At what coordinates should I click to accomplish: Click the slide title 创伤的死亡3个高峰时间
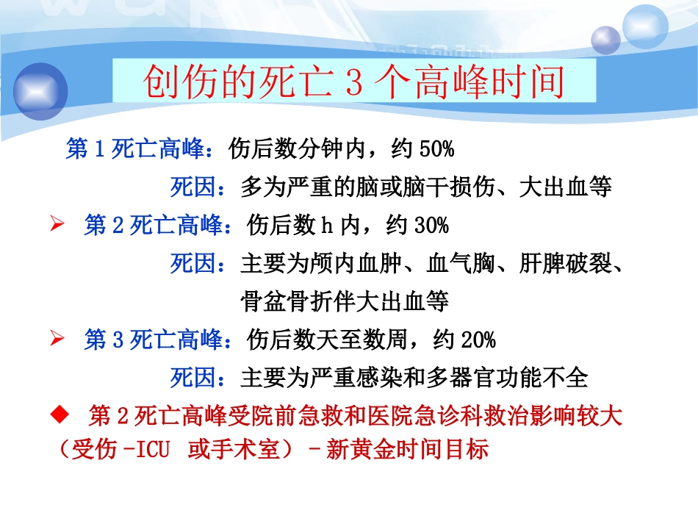tap(353, 83)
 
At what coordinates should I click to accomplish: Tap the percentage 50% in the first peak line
tap(436, 149)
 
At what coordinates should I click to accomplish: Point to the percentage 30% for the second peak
tap(431, 225)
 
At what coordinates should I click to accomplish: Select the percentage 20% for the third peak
tap(478, 340)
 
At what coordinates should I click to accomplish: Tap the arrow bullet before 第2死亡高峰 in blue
tap(57, 225)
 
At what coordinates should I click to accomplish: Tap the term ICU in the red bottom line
tap(151, 449)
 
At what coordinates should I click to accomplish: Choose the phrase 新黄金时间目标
tap(407, 448)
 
